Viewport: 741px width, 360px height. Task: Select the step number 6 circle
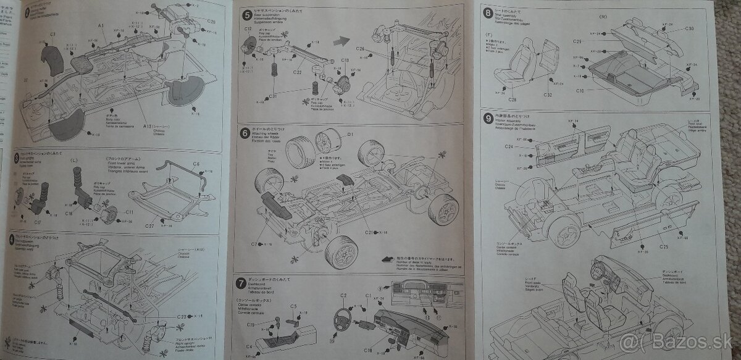pos(246,133)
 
